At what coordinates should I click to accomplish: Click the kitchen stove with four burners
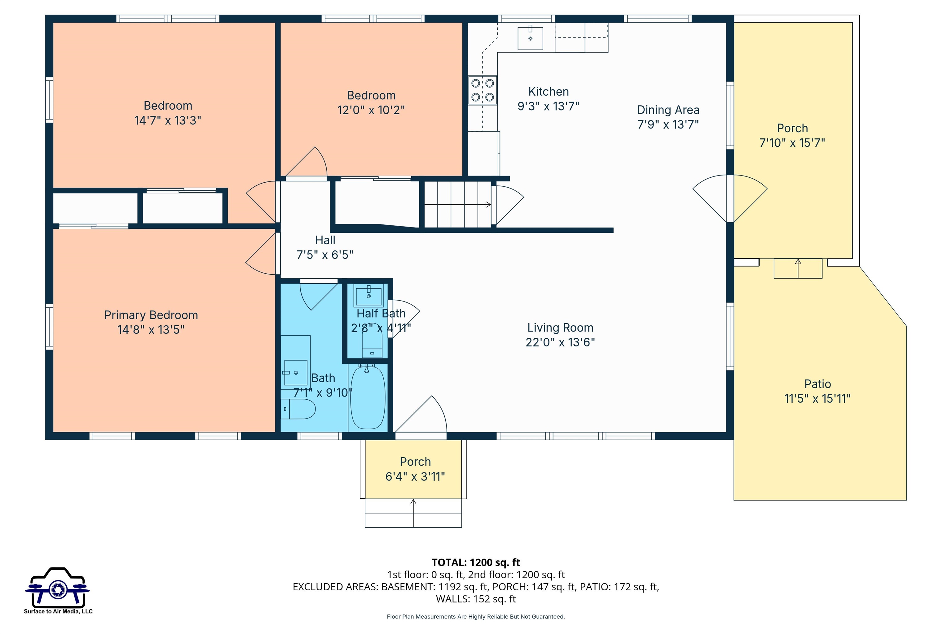483,90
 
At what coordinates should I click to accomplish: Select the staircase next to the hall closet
457,205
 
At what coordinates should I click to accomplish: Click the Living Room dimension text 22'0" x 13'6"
560,342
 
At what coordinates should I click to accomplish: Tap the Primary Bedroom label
151,315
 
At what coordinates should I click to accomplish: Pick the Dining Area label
668,110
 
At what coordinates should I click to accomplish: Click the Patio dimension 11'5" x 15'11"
817,399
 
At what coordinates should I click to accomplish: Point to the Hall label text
325,240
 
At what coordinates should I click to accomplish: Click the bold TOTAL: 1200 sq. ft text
476,562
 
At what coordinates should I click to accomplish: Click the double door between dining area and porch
730,198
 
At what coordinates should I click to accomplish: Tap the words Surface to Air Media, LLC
58,611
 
